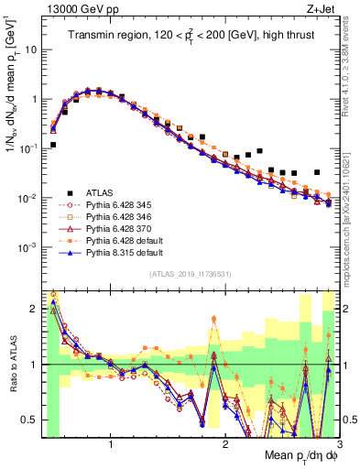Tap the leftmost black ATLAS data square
tap(53, 145)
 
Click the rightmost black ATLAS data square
tap(317, 172)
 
